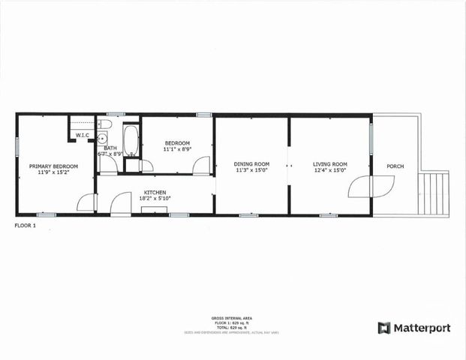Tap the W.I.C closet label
[x=81, y=135]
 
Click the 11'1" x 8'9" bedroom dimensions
[x=178, y=149]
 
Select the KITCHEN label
[x=155, y=192]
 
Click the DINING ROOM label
[x=251, y=164]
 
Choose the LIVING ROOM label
[x=330, y=164]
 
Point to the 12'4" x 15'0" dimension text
[x=330, y=170]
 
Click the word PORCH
[x=395, y=166]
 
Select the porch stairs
[x=434, y=193]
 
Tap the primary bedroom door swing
[x=86, y=202]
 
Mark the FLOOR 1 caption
[x=26, y=225]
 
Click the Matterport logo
[x=414, y=328]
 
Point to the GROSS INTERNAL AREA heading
[x=233, y=317]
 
